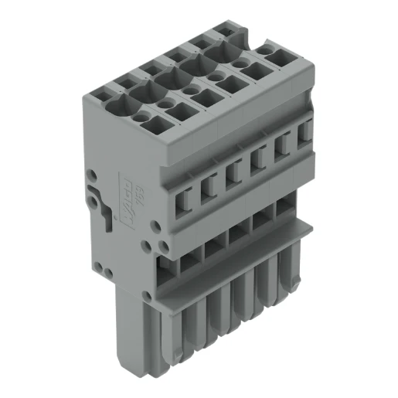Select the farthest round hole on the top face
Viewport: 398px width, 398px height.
coord(270,50)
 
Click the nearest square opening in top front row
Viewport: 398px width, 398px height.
coord(176,112)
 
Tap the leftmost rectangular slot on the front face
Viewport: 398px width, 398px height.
coord(185,202)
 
